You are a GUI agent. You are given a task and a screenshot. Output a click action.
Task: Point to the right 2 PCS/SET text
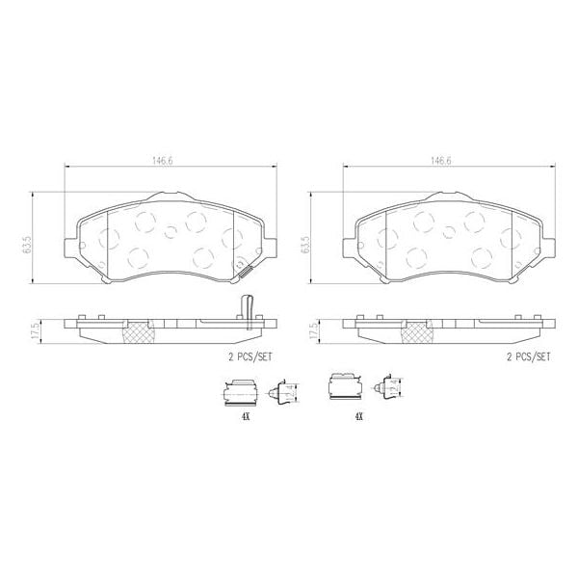(x=528, y=355)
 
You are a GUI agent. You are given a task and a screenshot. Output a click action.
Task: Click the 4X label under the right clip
(x=358, y=417)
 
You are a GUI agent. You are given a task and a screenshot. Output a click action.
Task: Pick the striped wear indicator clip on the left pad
(x=246, y=273)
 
